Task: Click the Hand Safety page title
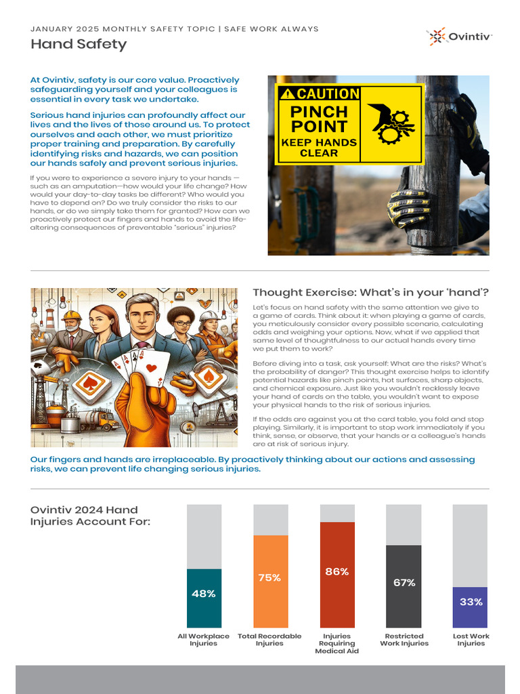tap(79, 45)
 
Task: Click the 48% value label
tap(203, 594)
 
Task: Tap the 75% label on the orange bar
tap(269, 577)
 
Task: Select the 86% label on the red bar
tap(337, 571)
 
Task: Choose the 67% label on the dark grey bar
tap(404, 582)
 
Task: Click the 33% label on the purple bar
tap(471, 601)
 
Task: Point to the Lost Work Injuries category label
tap(471, 640)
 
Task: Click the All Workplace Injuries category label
tap(203, 640)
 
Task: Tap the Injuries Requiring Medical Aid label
tap(337, 643)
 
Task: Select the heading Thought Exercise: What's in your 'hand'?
tap(370, 292)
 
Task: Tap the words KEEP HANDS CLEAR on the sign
tap(318, 147)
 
